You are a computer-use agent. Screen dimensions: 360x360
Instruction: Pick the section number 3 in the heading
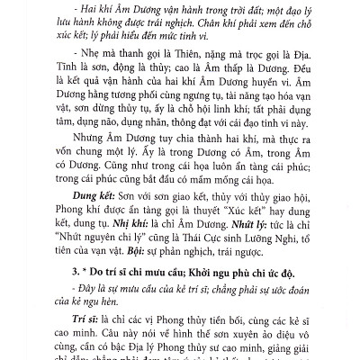67,271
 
